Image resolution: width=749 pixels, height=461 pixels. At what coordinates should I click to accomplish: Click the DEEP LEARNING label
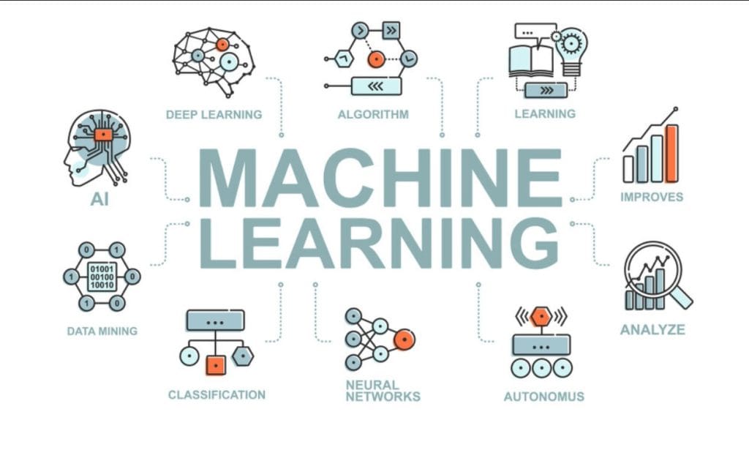tap(214, 114)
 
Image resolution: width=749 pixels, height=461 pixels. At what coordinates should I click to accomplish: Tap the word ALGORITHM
tap(373, 114)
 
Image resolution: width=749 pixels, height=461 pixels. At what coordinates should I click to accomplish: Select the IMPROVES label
tap(652, 197)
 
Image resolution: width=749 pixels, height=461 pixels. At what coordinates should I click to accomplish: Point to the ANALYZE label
tap(652, 329)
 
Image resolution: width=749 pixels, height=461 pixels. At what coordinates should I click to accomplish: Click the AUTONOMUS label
tap(543, 397)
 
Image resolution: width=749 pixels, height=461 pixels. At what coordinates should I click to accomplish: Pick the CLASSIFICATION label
tap(217, 394)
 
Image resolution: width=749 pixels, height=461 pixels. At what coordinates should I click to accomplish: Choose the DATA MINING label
tap(102, 331)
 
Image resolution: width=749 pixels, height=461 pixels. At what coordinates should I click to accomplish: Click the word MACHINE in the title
tap(380, 178)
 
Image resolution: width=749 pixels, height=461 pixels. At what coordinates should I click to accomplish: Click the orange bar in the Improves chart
tap(671, 153)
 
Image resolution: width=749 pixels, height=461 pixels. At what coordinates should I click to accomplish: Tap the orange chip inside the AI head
tap(103, 135)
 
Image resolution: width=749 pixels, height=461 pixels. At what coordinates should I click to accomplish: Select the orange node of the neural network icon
tap(404, 339)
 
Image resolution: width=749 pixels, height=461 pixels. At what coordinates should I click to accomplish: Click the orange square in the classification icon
tap(215, 364)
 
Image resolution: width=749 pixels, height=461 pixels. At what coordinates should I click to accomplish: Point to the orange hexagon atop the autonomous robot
tap(541, 316)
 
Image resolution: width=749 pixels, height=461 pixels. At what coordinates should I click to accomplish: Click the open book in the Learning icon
tap(532, 60)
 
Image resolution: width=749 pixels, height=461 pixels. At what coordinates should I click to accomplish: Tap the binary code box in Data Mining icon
tap(102, 277)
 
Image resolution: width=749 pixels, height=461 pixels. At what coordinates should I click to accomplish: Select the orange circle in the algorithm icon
tap(376, 59)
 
